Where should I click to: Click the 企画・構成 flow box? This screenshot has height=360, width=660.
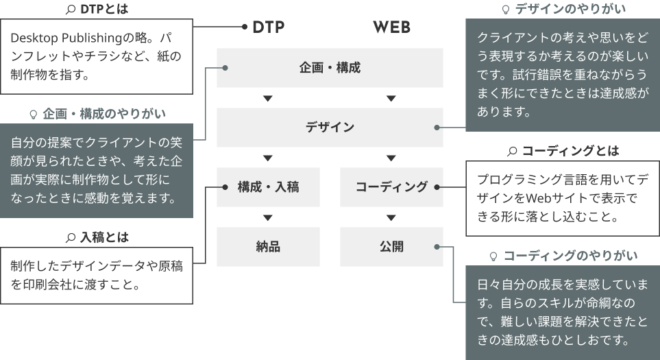[330, 68]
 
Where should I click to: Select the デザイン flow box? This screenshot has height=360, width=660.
[330, 127]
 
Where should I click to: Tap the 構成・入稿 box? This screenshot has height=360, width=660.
[268, 187]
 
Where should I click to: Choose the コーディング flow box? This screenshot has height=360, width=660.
[391, 187]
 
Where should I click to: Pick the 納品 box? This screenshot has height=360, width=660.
[268, 246]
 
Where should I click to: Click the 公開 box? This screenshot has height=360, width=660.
[391, 246]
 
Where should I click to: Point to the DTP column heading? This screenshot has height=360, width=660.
[268, 27]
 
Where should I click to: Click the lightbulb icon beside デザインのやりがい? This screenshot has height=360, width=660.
[506, 9]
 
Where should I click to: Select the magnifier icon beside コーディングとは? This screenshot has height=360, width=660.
[512, 150]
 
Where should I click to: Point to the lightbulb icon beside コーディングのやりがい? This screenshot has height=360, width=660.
[492, 256]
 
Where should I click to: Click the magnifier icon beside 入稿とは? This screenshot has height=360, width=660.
[70, 238]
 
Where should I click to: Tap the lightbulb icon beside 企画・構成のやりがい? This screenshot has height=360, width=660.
[32, 113]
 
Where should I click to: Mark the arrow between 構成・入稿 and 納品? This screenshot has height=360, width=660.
[268, 218]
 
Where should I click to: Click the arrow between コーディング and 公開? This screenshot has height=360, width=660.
[391, 218]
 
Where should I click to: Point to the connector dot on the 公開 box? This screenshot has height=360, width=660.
[437, 247]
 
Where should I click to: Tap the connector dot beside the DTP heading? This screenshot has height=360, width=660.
[244, 27]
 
